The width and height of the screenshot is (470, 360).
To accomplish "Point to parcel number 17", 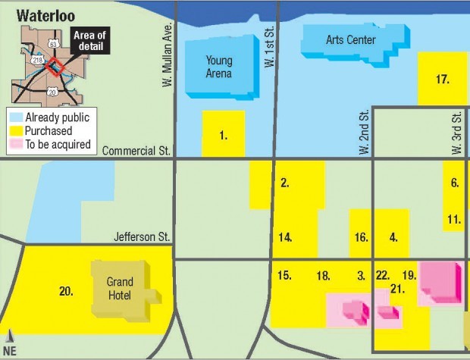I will tap(443, 79).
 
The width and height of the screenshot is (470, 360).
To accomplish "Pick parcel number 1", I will tap(223, 136).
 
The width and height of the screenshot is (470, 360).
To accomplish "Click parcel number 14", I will tap(285, 237).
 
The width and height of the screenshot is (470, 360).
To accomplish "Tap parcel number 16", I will tap(361, 237).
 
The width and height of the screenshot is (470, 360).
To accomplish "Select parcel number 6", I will tap(454, 183).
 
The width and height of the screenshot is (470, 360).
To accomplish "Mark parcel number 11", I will tap(454, 220).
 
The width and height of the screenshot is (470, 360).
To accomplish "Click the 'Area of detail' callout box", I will tap(90, 40).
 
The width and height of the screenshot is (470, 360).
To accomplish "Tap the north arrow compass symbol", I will tap(10, 340).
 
